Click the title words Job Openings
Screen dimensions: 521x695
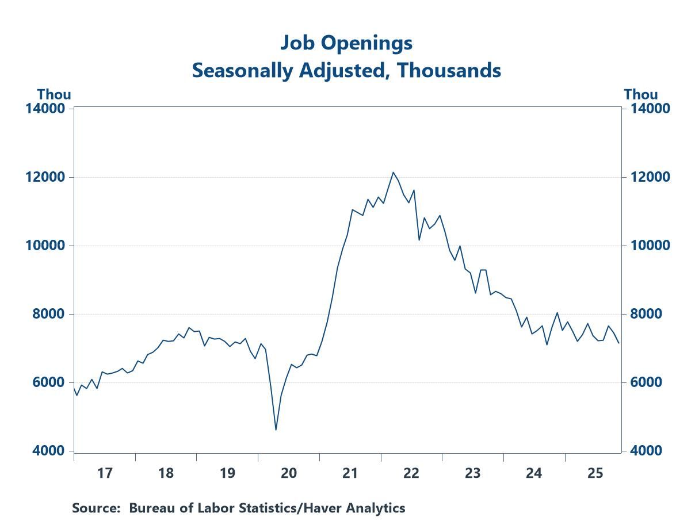coord(346,43)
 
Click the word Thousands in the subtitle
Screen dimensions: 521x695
coord(441,70)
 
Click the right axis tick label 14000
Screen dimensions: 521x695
coord(647,109)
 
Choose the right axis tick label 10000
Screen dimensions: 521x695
coord(647,246)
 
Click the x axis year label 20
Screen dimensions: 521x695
coord(288,473)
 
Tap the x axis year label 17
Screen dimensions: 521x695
coord(104,473)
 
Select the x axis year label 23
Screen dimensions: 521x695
coord(472,473)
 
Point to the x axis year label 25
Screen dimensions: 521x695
coord(595,473)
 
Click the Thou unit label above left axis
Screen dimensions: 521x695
coord(54,94)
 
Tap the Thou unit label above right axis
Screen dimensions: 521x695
coord(641,94)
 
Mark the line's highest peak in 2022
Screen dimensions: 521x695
coord(393,172)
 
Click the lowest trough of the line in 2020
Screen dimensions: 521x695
coord(276,430)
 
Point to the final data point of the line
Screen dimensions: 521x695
coord(619,343)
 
